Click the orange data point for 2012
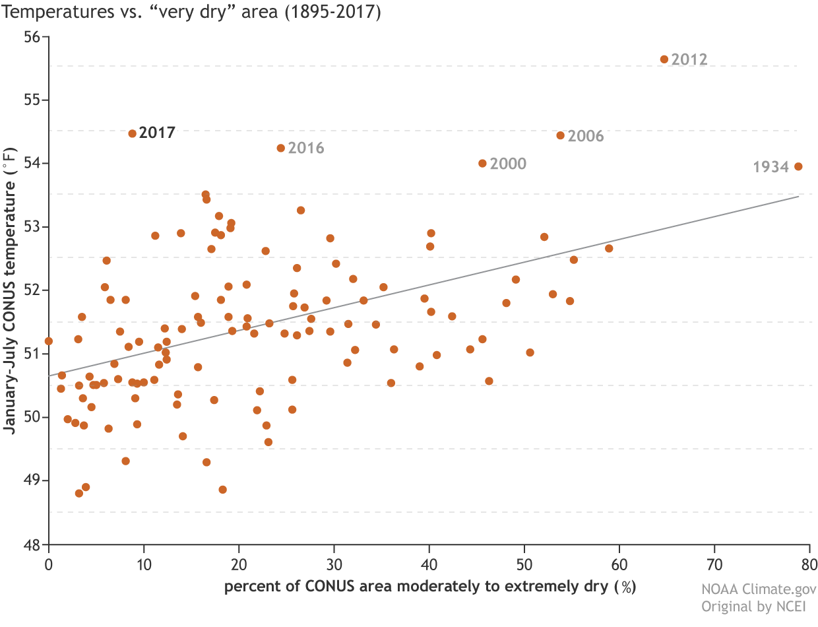(x=664, y=59)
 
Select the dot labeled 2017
(x=132, y=133)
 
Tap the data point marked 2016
(x=281, y=148)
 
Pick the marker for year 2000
(x=482, y=163)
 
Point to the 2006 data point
(x=561, y=135)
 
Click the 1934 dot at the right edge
(x=798, y=166)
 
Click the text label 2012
(x=689, y=60)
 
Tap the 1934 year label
(x=771, y=168)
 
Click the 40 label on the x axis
(x=429, y=566)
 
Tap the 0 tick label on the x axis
(x=48, y=566)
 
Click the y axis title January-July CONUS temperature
(x=10, y=290)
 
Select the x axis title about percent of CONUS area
(x=429, y=587)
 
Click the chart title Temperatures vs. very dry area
(x=192, y=13)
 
